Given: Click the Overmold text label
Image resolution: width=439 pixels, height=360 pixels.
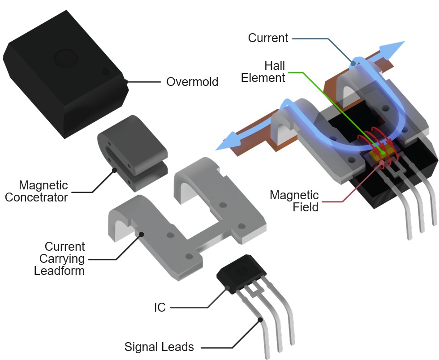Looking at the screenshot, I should click(192, 82).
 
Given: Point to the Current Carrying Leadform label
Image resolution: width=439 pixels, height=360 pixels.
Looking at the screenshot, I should click(60, 259).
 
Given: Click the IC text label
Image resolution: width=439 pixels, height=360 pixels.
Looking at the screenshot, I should click(160, 308).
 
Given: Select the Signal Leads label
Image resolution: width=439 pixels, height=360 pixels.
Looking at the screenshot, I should click(159, 347).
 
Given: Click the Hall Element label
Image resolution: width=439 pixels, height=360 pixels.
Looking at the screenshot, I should click(263, 72).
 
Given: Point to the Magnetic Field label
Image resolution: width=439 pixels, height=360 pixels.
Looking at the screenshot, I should click(294, 201).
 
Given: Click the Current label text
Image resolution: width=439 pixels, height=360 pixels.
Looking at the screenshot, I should click(268, 38).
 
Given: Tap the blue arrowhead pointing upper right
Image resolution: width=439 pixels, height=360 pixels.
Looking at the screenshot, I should click(394, 47).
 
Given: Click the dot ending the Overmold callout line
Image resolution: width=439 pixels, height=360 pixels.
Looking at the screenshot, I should click(126, 81).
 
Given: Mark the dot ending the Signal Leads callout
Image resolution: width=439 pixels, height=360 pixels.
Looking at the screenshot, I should click(260, 319).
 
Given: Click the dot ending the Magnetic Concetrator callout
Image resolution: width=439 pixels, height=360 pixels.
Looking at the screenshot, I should click(114, 170).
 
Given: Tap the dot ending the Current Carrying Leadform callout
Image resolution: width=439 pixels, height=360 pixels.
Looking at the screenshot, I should click(141, 233).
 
